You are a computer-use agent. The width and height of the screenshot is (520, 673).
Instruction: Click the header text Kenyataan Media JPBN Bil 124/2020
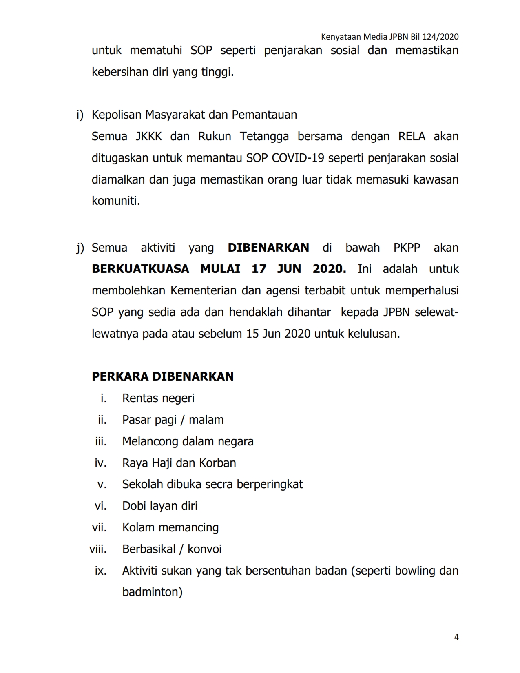(389, 37)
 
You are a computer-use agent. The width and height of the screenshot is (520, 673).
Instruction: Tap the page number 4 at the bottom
(456, 637)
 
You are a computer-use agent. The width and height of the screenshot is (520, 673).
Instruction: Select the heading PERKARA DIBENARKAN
(163, 376)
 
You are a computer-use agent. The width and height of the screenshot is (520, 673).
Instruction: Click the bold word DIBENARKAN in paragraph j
(268, 248)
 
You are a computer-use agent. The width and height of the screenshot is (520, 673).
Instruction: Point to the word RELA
(411, 136)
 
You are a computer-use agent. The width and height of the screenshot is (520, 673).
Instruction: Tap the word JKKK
(148, 136)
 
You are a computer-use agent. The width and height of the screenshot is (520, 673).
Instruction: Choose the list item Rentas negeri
(158, 398)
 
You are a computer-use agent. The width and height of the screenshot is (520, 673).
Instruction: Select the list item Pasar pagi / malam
(173, 420)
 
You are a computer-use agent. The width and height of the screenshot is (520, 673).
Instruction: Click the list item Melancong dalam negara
(188, 441)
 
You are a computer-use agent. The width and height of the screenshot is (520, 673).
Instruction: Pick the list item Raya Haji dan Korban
(179, 463)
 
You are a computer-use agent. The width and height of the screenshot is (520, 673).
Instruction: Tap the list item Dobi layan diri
(160, 506)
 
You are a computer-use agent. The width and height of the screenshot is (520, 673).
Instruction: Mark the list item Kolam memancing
(170, 527)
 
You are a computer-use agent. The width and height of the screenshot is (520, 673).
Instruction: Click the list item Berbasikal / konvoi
(172, 549)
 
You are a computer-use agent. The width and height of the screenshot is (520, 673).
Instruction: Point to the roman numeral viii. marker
(98, 549)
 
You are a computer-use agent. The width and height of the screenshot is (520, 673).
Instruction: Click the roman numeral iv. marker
(100, 463)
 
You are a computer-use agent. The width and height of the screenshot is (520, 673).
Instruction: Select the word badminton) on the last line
(152, 592)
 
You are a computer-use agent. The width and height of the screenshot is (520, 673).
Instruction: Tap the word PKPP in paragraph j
(407, 248)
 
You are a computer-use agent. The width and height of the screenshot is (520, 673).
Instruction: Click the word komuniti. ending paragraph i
(116, 201)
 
